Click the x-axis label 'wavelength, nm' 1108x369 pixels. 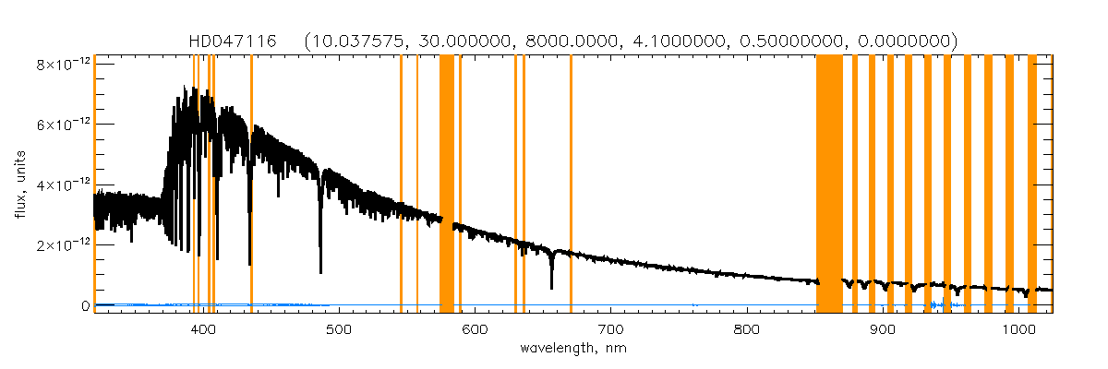click(572, 349)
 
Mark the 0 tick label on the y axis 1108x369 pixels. click(84, 305)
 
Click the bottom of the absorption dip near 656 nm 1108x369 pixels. click(551, 288)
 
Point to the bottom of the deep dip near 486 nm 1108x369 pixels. click(320, 272)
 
